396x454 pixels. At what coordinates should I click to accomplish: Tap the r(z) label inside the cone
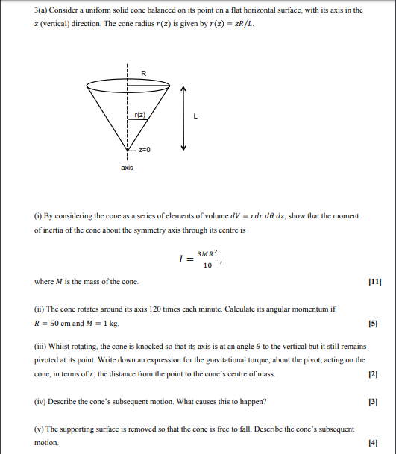pyautogui.click(x=142, y=114)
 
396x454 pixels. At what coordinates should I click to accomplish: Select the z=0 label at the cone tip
pyautogui.click(x=143, y=150)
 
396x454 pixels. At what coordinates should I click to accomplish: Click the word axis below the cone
pyautogui.click(x=128, y=168)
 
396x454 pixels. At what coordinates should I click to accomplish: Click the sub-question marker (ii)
pyautogui.click(x=42, y=308)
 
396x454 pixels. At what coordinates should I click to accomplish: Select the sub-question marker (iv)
pyautogui.click(x=43, y=402)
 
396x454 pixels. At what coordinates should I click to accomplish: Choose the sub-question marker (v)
pyautogui.click(x=41, y=430)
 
